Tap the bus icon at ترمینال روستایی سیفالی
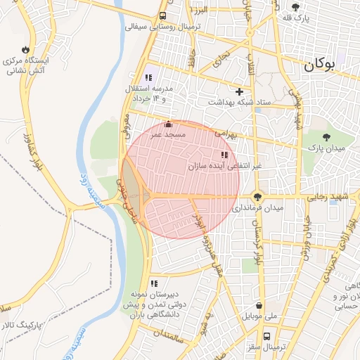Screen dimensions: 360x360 pos(163,15)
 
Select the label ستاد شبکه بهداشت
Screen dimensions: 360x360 pos(239,102)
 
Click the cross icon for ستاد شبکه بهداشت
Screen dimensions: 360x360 pos(239,91)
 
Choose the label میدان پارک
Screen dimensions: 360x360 pos(327,148)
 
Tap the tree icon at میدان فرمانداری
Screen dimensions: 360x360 pos(258,198)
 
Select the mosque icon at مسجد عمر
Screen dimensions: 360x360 pos(167,124)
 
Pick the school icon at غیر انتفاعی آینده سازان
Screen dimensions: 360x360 pos(224,155)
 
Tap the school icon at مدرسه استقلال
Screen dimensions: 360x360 pos(148,77)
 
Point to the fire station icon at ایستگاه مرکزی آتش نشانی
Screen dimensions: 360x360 pos(26,50)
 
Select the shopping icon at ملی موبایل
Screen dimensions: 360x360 pos(261,306)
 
